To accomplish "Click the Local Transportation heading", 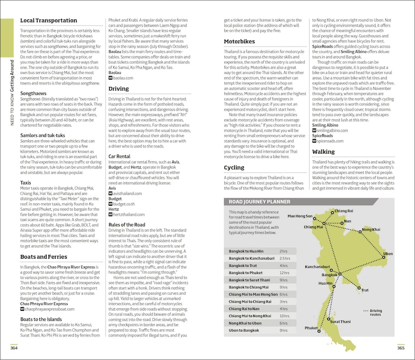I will pos(49,21).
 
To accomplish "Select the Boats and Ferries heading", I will pos(44,257).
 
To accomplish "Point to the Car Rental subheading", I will pos(122,156).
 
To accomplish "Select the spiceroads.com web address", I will pos(331,140).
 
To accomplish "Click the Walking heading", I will pos(323,152).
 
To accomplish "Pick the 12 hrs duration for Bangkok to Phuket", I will pos(284,273).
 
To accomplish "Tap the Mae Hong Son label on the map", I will pos(300,216).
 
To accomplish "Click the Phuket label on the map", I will pos(311,328).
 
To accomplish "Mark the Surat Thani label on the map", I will pos(340,321).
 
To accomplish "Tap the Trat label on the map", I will pos(365,290).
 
